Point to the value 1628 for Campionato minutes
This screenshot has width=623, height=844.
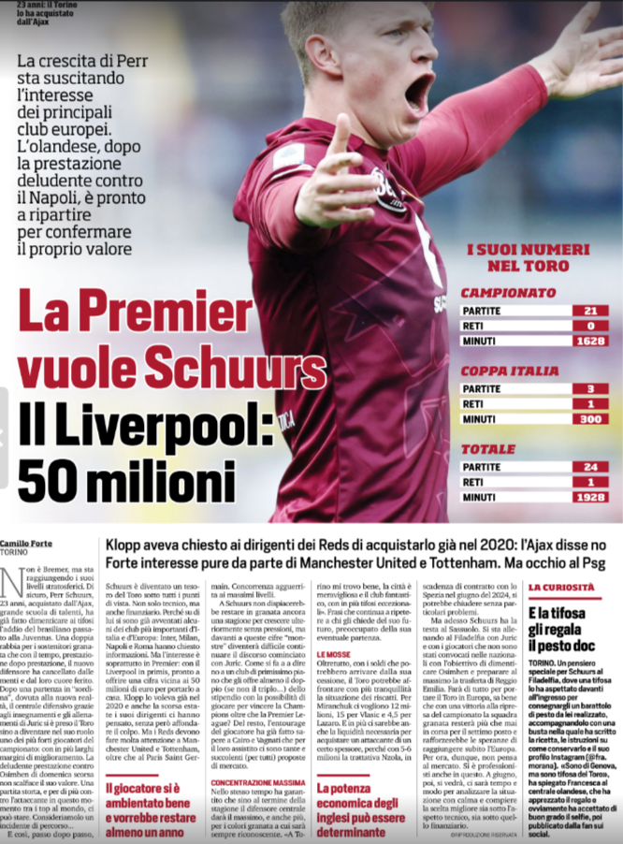(589, 342)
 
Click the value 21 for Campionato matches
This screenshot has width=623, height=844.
(589, 311)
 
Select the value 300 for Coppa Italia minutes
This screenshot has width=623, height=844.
(589, 419)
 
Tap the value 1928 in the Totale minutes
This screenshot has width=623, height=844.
(589, 498)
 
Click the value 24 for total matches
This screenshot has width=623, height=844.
(589, 467)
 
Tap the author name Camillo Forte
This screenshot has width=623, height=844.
(33, 543)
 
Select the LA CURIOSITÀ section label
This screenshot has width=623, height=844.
(561, 587)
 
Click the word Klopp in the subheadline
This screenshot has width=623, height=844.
(125, 545)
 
